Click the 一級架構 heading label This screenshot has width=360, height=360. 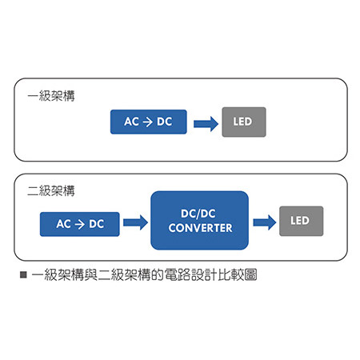click(51, 96)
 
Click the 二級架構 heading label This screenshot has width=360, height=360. click(51, 190)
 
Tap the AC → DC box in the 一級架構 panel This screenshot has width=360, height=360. click(149, 122)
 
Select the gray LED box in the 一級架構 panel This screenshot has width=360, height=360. click(244, 122)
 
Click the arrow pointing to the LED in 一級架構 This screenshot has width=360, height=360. click(206, 124)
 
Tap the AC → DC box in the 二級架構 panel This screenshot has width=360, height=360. click(80, 224)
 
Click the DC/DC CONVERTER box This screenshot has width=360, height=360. click(200, 220)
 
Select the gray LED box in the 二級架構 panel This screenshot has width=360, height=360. click(302, 221)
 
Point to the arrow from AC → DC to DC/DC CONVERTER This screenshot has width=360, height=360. click(135, 222)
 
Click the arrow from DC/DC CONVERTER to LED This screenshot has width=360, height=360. click(265, 222)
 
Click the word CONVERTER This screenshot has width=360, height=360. click(201, 228)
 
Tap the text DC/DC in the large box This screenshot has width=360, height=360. click(198, 214)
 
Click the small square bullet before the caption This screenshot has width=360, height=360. click(23, 274)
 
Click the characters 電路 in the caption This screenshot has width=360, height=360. click(178, 274)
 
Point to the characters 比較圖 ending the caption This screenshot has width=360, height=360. click(238, 274)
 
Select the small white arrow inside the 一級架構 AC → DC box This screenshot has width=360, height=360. click(148, 122)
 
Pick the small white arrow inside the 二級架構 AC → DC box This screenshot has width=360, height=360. click(80, 225)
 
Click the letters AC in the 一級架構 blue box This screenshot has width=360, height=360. click(131, 122)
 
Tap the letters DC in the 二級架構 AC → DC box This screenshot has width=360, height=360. click(97, 224)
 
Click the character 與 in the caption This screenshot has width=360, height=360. click(91, 274)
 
